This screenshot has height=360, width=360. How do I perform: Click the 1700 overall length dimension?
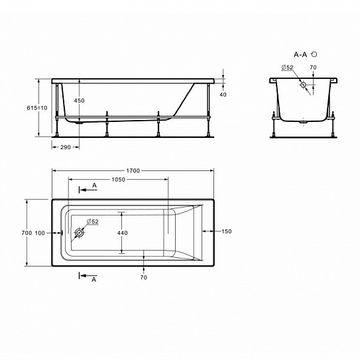[133, 170]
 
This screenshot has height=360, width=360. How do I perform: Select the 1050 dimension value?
[119, 180]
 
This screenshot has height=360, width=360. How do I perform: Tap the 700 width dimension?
[27, 233]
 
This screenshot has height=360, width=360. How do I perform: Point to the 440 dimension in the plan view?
[123, 233]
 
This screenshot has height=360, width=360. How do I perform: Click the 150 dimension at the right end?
[227, 231]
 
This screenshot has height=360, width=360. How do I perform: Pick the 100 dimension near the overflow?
[40, 233]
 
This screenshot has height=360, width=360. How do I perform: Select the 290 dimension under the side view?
[66, 147]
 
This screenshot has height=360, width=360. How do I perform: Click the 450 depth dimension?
[79, 101]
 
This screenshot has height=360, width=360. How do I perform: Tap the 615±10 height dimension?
[37, 107]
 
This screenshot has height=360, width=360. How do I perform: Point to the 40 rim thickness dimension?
[223, 94]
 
